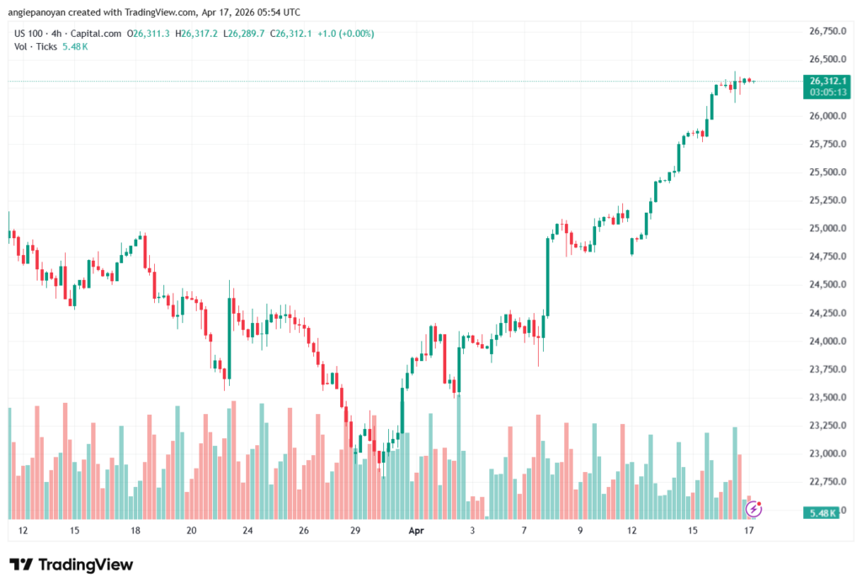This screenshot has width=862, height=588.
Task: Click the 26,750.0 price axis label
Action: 827,31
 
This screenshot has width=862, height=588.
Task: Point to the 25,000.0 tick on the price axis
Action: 827,228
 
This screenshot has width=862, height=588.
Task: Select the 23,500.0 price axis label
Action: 827,397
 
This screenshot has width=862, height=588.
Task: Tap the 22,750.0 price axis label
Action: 827,482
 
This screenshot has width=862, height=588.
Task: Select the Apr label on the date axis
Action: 416,531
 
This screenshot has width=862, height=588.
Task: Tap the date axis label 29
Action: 356,531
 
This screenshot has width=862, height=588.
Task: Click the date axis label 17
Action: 748,531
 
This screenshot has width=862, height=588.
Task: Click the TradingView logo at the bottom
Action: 71,564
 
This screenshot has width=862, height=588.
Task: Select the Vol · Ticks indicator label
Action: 34,46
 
